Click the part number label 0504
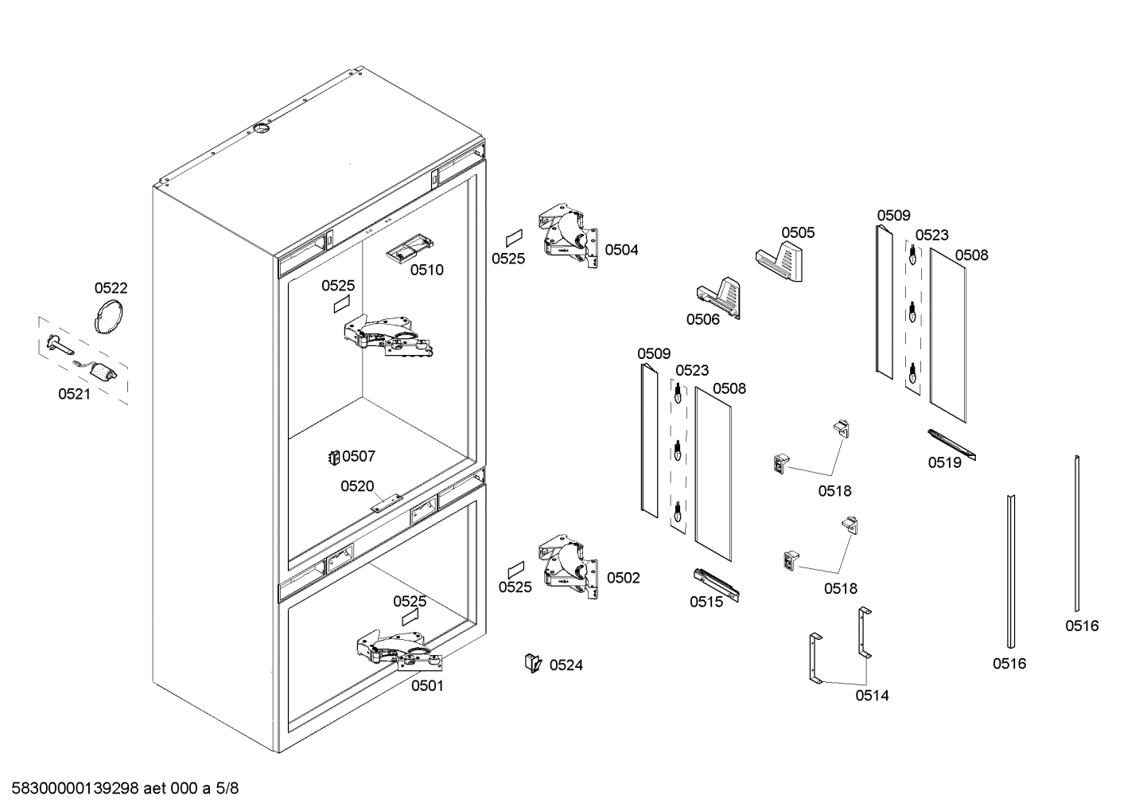point(621,250)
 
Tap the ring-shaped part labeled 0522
point(110,316)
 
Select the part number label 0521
point(74,394)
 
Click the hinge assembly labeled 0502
point(569,567)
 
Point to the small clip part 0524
point(532,662)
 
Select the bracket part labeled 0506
point(720,297)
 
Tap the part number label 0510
point(427,270)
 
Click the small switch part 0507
point(334,457)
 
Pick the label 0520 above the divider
point(357,486)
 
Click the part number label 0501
point(427,685)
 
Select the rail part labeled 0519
point(951,444)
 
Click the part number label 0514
point(872,696)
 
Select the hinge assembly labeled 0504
point(568,236)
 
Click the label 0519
point(944,463)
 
